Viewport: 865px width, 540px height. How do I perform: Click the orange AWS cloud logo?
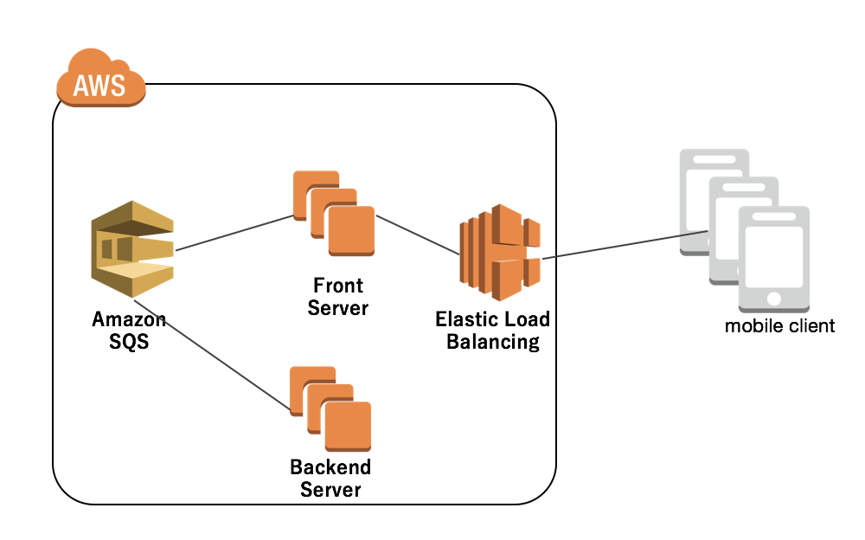99,85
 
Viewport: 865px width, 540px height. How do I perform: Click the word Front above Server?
338,286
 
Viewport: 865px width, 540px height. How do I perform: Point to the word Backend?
330,467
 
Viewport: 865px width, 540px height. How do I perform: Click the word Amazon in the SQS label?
129,320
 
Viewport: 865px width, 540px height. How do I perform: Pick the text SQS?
129,342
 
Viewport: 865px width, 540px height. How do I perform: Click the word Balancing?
492,342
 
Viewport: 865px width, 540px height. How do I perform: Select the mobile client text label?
780,326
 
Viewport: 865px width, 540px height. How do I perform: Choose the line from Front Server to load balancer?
417,235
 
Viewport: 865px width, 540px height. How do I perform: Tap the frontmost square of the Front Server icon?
351,230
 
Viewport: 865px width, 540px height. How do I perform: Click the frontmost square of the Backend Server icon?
348,426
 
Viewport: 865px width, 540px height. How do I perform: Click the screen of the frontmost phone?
774,253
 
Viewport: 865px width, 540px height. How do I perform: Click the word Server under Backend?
330,490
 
